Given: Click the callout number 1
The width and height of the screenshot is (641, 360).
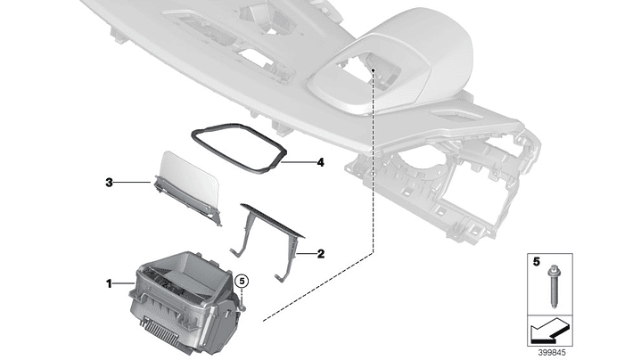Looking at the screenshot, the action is coord(109,283).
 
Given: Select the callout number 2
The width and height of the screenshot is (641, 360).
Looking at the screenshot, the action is coord(321,254).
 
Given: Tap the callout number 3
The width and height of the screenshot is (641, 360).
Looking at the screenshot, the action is coord(109,183).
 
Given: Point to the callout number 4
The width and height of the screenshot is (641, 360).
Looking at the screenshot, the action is coord(321,162).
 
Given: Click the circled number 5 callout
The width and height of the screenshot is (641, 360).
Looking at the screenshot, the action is coord(242,281).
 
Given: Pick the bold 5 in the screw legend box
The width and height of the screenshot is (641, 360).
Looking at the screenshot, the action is coord(537,261).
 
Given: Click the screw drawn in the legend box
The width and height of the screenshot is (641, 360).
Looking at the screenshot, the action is coord(552,286).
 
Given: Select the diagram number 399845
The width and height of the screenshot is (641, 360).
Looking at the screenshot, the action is coord(552,353).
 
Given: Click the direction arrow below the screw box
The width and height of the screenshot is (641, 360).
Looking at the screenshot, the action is coord(550,331).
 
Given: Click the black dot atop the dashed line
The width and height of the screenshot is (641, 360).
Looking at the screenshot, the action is coord(374,70).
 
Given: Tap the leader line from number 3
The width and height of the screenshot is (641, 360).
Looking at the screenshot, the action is coord(133,183).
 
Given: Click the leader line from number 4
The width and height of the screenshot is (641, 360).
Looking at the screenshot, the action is coord(299,162).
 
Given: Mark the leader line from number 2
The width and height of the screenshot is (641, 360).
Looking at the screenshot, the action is coord(307,254).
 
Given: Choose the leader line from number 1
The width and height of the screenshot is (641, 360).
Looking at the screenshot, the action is coord(123,282).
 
